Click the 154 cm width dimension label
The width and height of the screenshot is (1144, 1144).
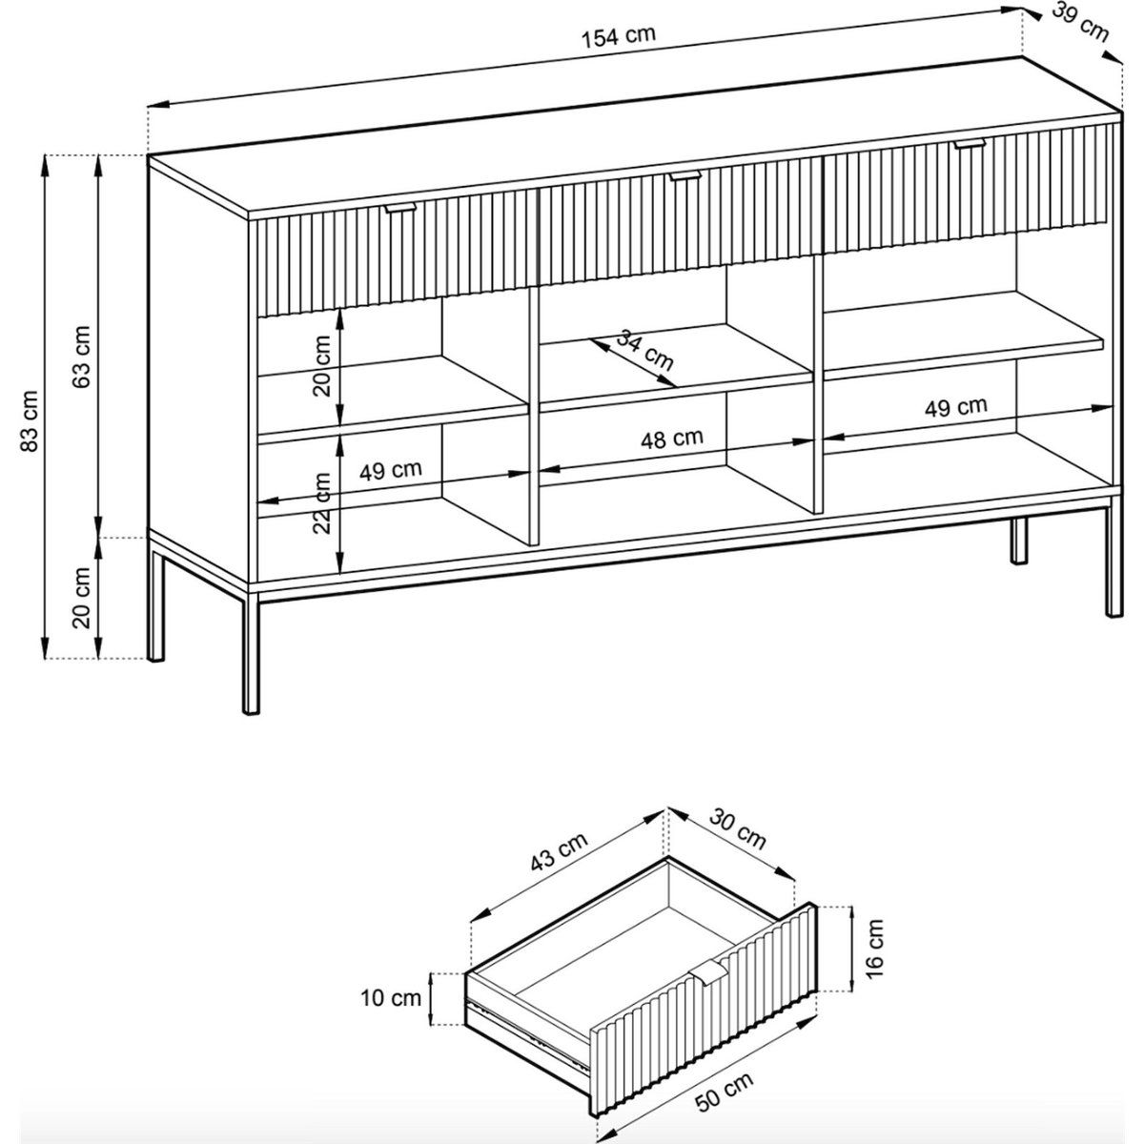point(619,36)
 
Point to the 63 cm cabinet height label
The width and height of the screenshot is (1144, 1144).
point(81,357)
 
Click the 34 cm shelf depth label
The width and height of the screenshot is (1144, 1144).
point(644,351)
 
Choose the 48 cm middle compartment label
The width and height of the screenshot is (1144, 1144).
point(671,439)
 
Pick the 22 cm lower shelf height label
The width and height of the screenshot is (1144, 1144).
point(322,502)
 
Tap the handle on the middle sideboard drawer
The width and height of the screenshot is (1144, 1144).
point(685,175)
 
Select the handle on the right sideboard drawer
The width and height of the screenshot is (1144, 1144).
point(970,143)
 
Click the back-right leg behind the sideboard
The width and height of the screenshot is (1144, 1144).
point(1019,541)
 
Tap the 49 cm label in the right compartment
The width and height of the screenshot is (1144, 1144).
point(956,407)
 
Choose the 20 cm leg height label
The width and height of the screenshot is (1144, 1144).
point(81,598)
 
